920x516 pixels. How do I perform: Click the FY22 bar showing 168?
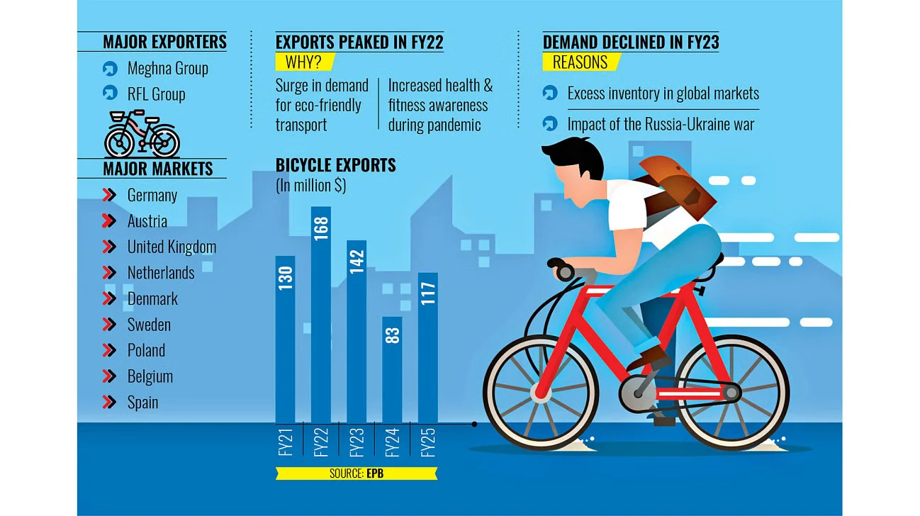tap(321, 314)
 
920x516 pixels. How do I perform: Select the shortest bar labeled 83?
tap(392, 369)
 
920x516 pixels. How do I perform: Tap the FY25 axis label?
tap(428, 442)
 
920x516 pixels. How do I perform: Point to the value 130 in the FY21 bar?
tap(286, 278)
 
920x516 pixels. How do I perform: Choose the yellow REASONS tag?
tap(581, 62)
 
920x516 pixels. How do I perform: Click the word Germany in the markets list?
tap(152, 195)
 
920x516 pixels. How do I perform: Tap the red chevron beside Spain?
tap(109, 402)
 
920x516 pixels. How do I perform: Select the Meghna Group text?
tap(167, 68)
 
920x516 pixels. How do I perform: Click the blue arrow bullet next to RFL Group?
tap(110, 93)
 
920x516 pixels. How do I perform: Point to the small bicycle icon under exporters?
tap(142, 133)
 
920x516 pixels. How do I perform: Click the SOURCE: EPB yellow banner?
tap(357, 473)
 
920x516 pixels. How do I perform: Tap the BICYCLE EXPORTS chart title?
tap(335, 165)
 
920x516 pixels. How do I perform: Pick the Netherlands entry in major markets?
tap(161, 273)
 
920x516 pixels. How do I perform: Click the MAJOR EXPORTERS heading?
tap(164, 42)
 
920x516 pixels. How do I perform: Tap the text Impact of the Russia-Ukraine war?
tap(661, 124)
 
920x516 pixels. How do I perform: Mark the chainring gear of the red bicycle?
tap(638, 393)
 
